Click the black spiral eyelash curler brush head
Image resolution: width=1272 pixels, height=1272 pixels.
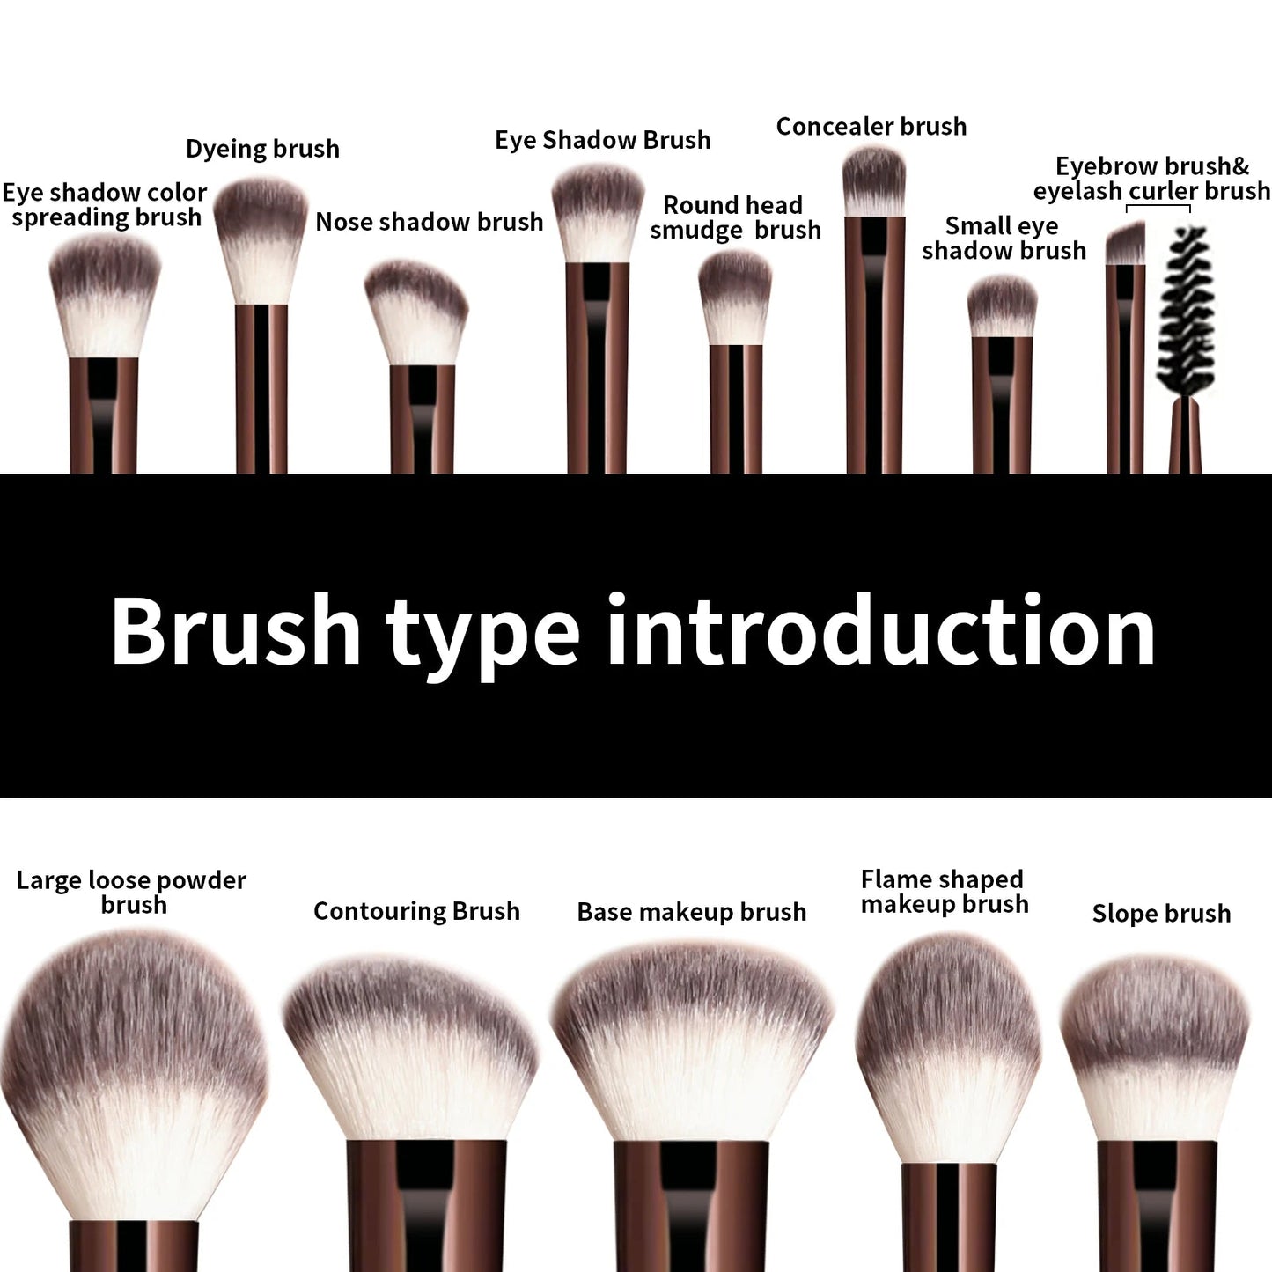pyautogui.click(x=1188, y=308)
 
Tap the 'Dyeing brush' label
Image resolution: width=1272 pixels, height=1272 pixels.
pyautogui.click(x=262, y=149)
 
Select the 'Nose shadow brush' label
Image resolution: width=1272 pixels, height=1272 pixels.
pyautogui.click(x=429, y=222)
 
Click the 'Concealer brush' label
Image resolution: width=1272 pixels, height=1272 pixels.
pyautogui.click(x=871, y=127)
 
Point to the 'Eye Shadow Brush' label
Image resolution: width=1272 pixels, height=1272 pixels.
pyautogui.click(x=602, y=140)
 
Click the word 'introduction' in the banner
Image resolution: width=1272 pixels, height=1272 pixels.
pyautogui.click(x=880, y=630)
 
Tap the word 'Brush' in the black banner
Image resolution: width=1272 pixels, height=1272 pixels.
pyautogui.click(x=235, y=630)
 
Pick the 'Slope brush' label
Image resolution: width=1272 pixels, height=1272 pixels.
pyautogui.click(x=1161, y=914)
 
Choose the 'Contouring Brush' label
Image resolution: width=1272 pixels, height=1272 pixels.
pyautogui.click(x=416, y=911)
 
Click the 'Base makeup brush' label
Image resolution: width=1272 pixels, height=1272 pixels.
pyautogui.click(x=691, y=912)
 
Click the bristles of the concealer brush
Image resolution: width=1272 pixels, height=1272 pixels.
pyautogui.click(x=873, y=180)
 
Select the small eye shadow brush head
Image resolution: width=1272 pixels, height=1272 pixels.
pyautogui.click(x=1002, y=305)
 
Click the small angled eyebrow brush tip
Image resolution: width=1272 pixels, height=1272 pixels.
pyautogui.click(x=1125, y=244)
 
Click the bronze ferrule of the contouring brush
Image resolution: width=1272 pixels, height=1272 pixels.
pyautogui.click(x=427, y=1206)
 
